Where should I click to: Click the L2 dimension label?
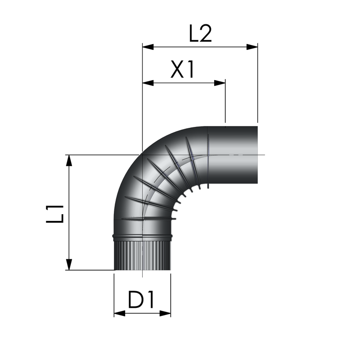(x=200, y=33)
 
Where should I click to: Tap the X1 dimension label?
(x=182, y=69)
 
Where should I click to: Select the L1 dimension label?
(x=55, y=214)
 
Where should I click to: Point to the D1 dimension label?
(x=141, y=299)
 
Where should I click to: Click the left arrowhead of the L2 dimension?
(x=148, y=47)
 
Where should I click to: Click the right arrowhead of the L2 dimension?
(x=252, y=47)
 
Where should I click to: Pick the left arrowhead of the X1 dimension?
(x=148, y=83)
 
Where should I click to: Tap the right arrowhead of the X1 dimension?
(x=220, y=83)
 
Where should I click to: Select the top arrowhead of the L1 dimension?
(x=69, y=161)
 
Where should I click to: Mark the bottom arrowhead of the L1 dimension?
(x=69, y=265)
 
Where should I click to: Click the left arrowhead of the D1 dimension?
(x=120, y=313)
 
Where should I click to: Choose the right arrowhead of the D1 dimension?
(x=165, y=313)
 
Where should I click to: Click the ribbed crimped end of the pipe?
(x=142, y=256)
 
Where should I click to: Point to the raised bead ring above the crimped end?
(x=142, y=236)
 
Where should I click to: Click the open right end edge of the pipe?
(x=257, y=155)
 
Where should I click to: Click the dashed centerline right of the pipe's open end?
(x=261, y=155)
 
